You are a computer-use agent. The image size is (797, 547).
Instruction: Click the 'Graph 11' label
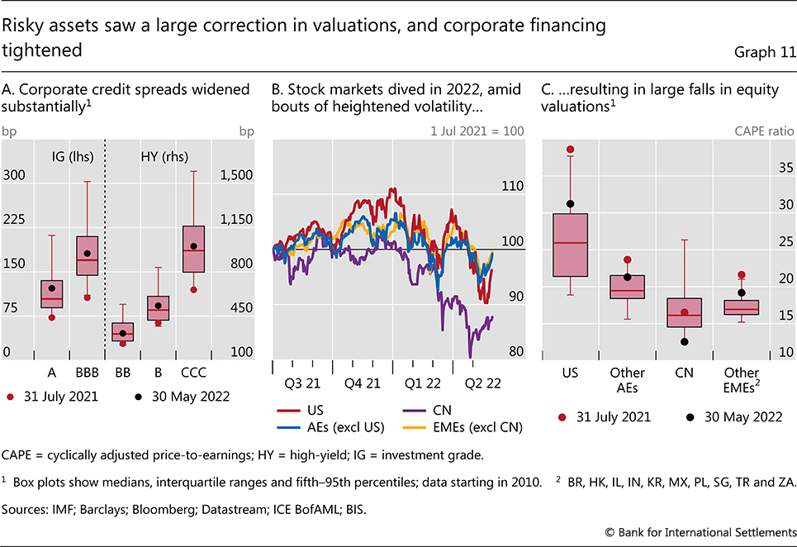point(765,52)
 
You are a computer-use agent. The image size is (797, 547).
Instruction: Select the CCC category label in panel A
point(193,372)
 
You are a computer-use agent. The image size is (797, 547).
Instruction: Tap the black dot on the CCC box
point(193,246)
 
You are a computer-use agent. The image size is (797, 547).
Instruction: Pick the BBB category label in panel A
point(86,372)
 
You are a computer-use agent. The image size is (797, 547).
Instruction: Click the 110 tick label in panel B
point(512,186)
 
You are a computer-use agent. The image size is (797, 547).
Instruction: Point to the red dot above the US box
point(570,150)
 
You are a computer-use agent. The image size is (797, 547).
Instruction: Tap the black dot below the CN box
point(684,341)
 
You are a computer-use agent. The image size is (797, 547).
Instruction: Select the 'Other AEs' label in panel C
point(627,380)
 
